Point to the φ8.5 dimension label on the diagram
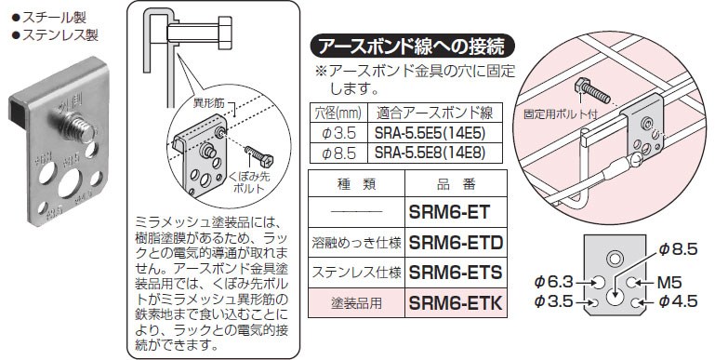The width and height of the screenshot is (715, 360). (678, 248)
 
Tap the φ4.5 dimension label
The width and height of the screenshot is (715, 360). (678, 301)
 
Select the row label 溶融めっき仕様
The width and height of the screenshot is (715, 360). (356, 243)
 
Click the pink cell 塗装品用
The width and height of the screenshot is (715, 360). (356, 303)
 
